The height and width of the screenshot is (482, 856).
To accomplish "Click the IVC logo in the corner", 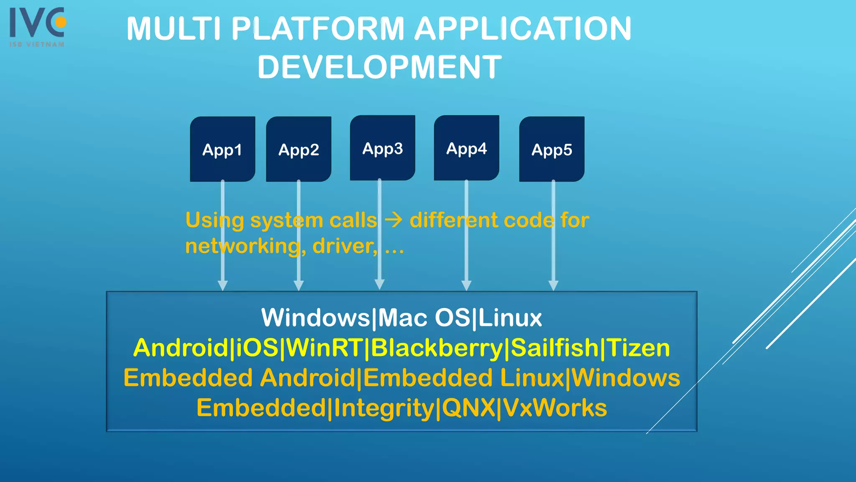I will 37,26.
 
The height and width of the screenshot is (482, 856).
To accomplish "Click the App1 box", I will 222,149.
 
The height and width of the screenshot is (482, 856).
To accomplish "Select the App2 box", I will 298,149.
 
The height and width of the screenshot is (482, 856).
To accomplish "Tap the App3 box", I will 382,148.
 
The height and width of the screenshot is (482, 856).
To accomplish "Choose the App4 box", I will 466,148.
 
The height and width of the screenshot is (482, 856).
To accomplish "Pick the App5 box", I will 552,149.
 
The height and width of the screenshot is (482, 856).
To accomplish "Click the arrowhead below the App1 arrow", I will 223,285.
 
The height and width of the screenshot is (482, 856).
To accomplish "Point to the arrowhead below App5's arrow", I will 553,285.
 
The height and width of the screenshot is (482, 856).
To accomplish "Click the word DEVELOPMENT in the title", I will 380,67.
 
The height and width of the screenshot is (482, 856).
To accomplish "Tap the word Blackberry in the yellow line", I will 437,348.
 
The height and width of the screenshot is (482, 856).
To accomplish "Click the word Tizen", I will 638,348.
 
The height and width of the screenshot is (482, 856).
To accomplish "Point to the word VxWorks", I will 555,408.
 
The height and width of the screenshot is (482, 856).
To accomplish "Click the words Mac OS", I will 424,318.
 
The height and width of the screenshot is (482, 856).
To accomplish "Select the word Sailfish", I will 555,348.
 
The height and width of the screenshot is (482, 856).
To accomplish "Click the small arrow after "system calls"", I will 393,220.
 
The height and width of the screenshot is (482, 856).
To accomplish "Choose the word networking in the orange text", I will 242,246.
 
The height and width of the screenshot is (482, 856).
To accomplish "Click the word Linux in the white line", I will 510,318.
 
